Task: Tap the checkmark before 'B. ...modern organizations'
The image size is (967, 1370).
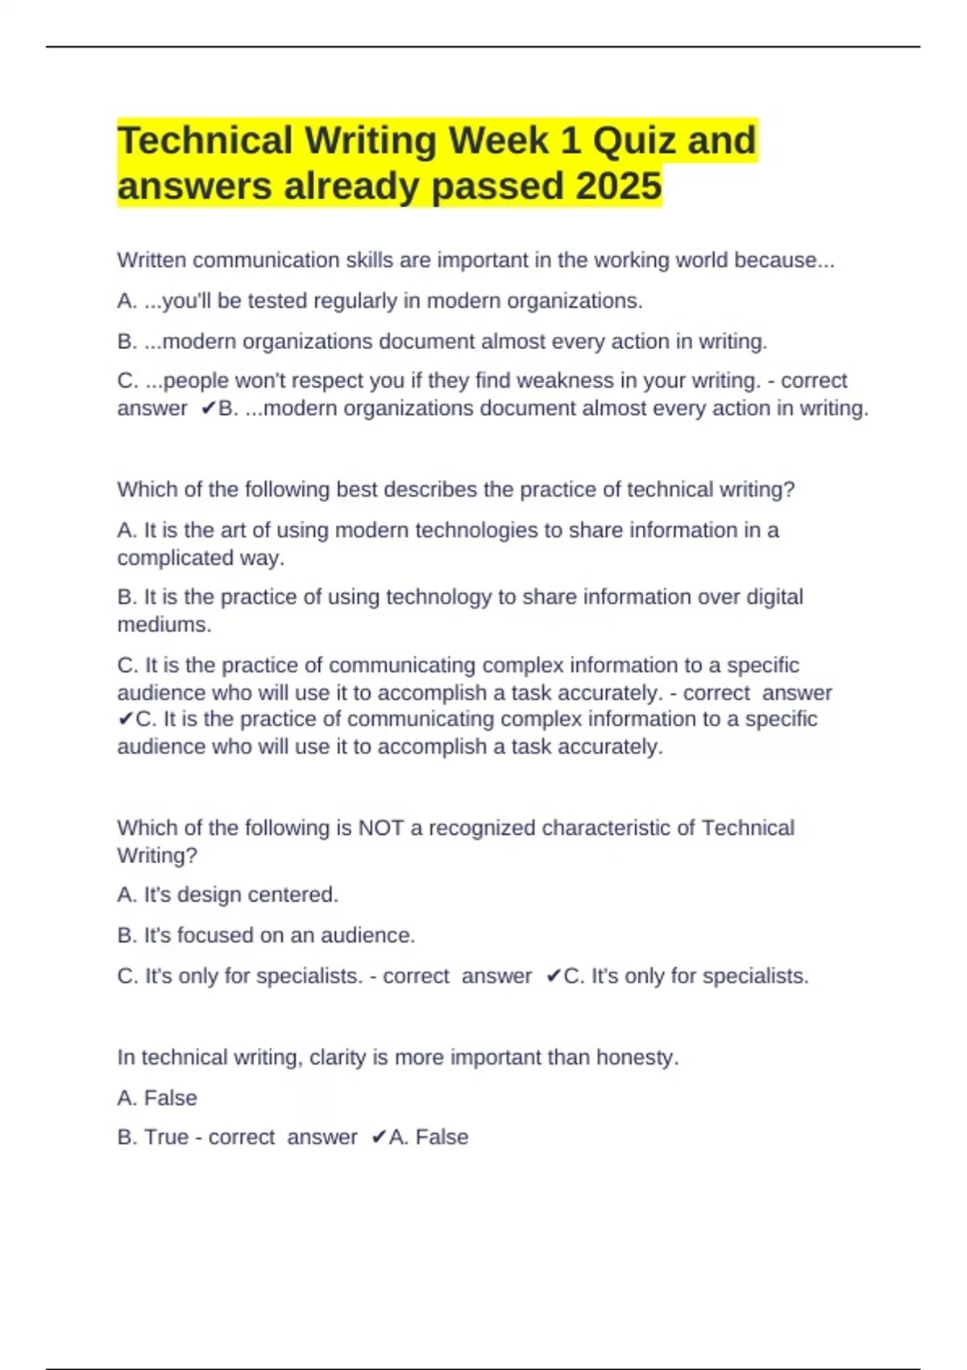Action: (208, 409)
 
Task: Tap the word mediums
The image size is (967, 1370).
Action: (164, 625)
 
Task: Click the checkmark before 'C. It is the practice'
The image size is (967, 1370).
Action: (125, 719)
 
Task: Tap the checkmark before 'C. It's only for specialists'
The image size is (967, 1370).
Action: (553, 977)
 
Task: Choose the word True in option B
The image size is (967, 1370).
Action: (166, 1137)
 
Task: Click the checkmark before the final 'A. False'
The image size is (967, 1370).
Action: (379, 1137)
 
